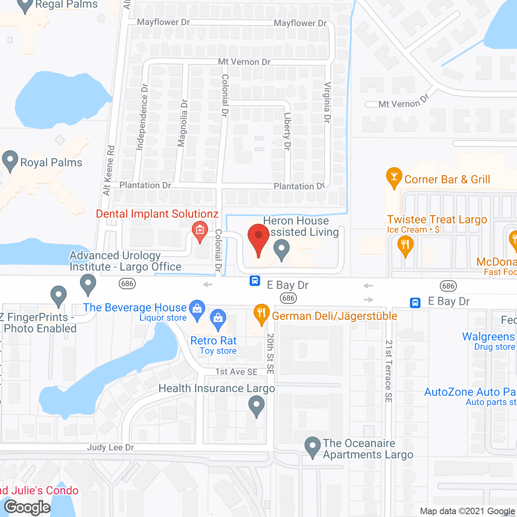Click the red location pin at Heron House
pyautogui.click(x=258, y=236)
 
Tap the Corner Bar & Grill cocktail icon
pyautogui.click(x=394, y=177)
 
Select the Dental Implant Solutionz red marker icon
pyautogui.click(x=200, y=231)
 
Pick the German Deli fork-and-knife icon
pyautogui.click(x=261, y=313)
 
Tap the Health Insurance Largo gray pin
pyautogui.click(x=256, y=405)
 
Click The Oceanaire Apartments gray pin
pyautogui.click(x=312, y=446)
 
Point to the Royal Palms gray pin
pyautogui.click(x=10, y=160)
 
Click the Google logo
pyautogui.click(x=27, y=507)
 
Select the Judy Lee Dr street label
pyautogui.click(x=110, y=448)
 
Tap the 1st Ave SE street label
pyautogui.click(x=236, y=372)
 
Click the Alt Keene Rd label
pyautogui.click(x=109, y=170)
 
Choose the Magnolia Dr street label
pyautogui.click(x=183, y=123)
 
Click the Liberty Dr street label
pyautogui.click(x=287, y=131)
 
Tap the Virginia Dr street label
pyautogui.click(x=328, y=103)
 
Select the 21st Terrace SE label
pyautogui.click(x=389, y=371)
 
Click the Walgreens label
pyautogui.click(x=488, y=336)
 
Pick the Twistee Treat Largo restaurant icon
pyautogui.click(x=405, y=245)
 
